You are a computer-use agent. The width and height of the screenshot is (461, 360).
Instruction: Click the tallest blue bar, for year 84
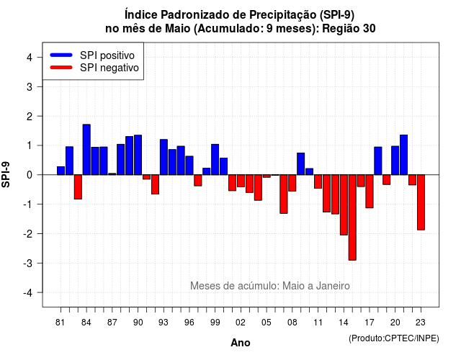(x=86, y=150)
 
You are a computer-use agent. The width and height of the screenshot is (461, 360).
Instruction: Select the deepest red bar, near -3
(x=352, y=217)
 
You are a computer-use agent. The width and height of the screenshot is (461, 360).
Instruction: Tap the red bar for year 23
(x=421, y=202)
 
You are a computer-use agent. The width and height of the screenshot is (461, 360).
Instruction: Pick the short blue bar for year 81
(x=61, y=171)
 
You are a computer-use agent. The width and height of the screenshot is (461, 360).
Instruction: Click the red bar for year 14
(x=344, y=204)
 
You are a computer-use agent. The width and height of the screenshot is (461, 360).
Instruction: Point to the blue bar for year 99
(x=215, y=160)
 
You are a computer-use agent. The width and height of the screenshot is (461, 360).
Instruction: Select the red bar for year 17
(x=370, y=192)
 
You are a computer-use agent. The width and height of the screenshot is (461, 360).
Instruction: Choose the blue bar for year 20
(x=395, y=161)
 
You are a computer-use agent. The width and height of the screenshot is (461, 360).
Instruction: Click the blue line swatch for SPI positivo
(x=61, y=55)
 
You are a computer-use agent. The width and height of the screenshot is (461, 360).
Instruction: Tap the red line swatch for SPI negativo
(x=61, y=67)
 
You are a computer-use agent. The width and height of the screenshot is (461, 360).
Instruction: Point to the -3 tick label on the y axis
(x=28, y=263)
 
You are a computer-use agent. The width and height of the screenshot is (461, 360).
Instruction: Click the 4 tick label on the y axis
(x=30, y=57)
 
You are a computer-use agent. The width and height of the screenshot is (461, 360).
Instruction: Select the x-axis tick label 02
(x=241, y=323)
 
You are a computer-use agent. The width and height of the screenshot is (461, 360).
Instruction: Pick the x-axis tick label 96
(x=189, y=323)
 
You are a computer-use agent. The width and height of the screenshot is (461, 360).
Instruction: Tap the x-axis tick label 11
(x=318, y=323)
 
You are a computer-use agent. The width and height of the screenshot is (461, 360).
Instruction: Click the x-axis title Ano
(x=240, y=343)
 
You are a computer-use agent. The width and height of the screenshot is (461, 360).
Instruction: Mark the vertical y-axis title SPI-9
(x=6, y=174)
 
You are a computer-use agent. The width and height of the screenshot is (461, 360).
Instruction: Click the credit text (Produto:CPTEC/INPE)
(x=394, y=338)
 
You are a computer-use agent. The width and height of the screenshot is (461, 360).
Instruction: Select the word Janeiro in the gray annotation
(x=333, y=286)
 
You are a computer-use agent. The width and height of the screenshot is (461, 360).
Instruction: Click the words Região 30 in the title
(x=349, y=29)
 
